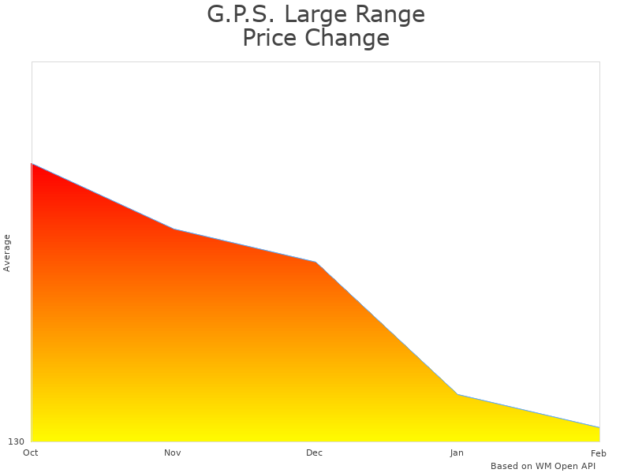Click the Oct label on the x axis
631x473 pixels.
(x=31, y=453)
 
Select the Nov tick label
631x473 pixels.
(x=173, y=453)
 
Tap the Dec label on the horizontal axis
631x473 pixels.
(x=315, y=453)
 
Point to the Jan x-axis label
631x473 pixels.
(x=457, y=453)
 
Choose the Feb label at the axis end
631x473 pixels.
(x=599, y=453)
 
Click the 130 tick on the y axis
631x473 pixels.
(x=17, y=441)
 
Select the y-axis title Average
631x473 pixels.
(x=7, y=252)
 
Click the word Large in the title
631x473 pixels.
(x=320, y=14)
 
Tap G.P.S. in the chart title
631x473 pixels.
(x=241, y=14)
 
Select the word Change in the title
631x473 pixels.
(x=348, y=38)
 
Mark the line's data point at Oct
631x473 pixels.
(x=32, y=164)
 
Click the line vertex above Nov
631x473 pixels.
(x=174, y=229)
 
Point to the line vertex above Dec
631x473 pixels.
(x=315, y=262)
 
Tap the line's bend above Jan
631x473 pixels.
(x=457, y=394)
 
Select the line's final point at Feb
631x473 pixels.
(x=599, y=427)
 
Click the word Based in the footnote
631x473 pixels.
(x=504, y=466)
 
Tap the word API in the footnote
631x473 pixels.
(x=587, y=466)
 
